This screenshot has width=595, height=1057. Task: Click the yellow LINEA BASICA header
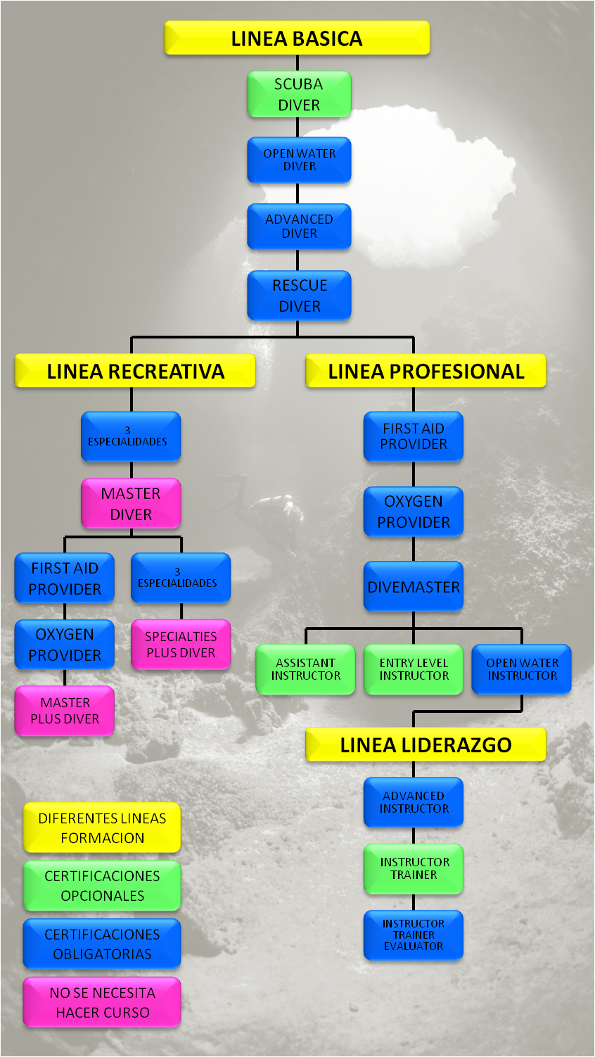[297, 38]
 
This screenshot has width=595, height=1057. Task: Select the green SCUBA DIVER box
[299, 94]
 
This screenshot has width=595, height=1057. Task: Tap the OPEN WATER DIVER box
[299, 160]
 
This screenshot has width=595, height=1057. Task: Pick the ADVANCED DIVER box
[299, 226]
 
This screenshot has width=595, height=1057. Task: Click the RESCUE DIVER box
[299, 296]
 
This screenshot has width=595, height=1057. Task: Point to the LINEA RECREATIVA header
[135, 371]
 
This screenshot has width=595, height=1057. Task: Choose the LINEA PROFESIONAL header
[426, 371]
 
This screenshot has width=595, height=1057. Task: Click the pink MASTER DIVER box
[131, 504]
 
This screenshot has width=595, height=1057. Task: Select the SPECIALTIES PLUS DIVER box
[181, 645]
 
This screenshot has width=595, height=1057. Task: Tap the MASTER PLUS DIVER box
[65, 711]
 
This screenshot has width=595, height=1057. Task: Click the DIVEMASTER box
[414, 587]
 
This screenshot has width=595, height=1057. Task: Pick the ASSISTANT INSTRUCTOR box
[305, 669]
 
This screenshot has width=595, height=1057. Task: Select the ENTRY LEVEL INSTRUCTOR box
[414, 669]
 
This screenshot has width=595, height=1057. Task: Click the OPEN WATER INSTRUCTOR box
[522, 669]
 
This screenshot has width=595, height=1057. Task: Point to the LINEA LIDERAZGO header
[426, 745]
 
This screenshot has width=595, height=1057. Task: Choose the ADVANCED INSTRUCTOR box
[414, 802]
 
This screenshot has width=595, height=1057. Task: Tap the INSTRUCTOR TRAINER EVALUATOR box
[414, 935]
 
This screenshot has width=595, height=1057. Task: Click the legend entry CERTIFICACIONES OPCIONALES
[102, 885]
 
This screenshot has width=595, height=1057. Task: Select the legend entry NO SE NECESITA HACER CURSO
[102, 1002]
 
